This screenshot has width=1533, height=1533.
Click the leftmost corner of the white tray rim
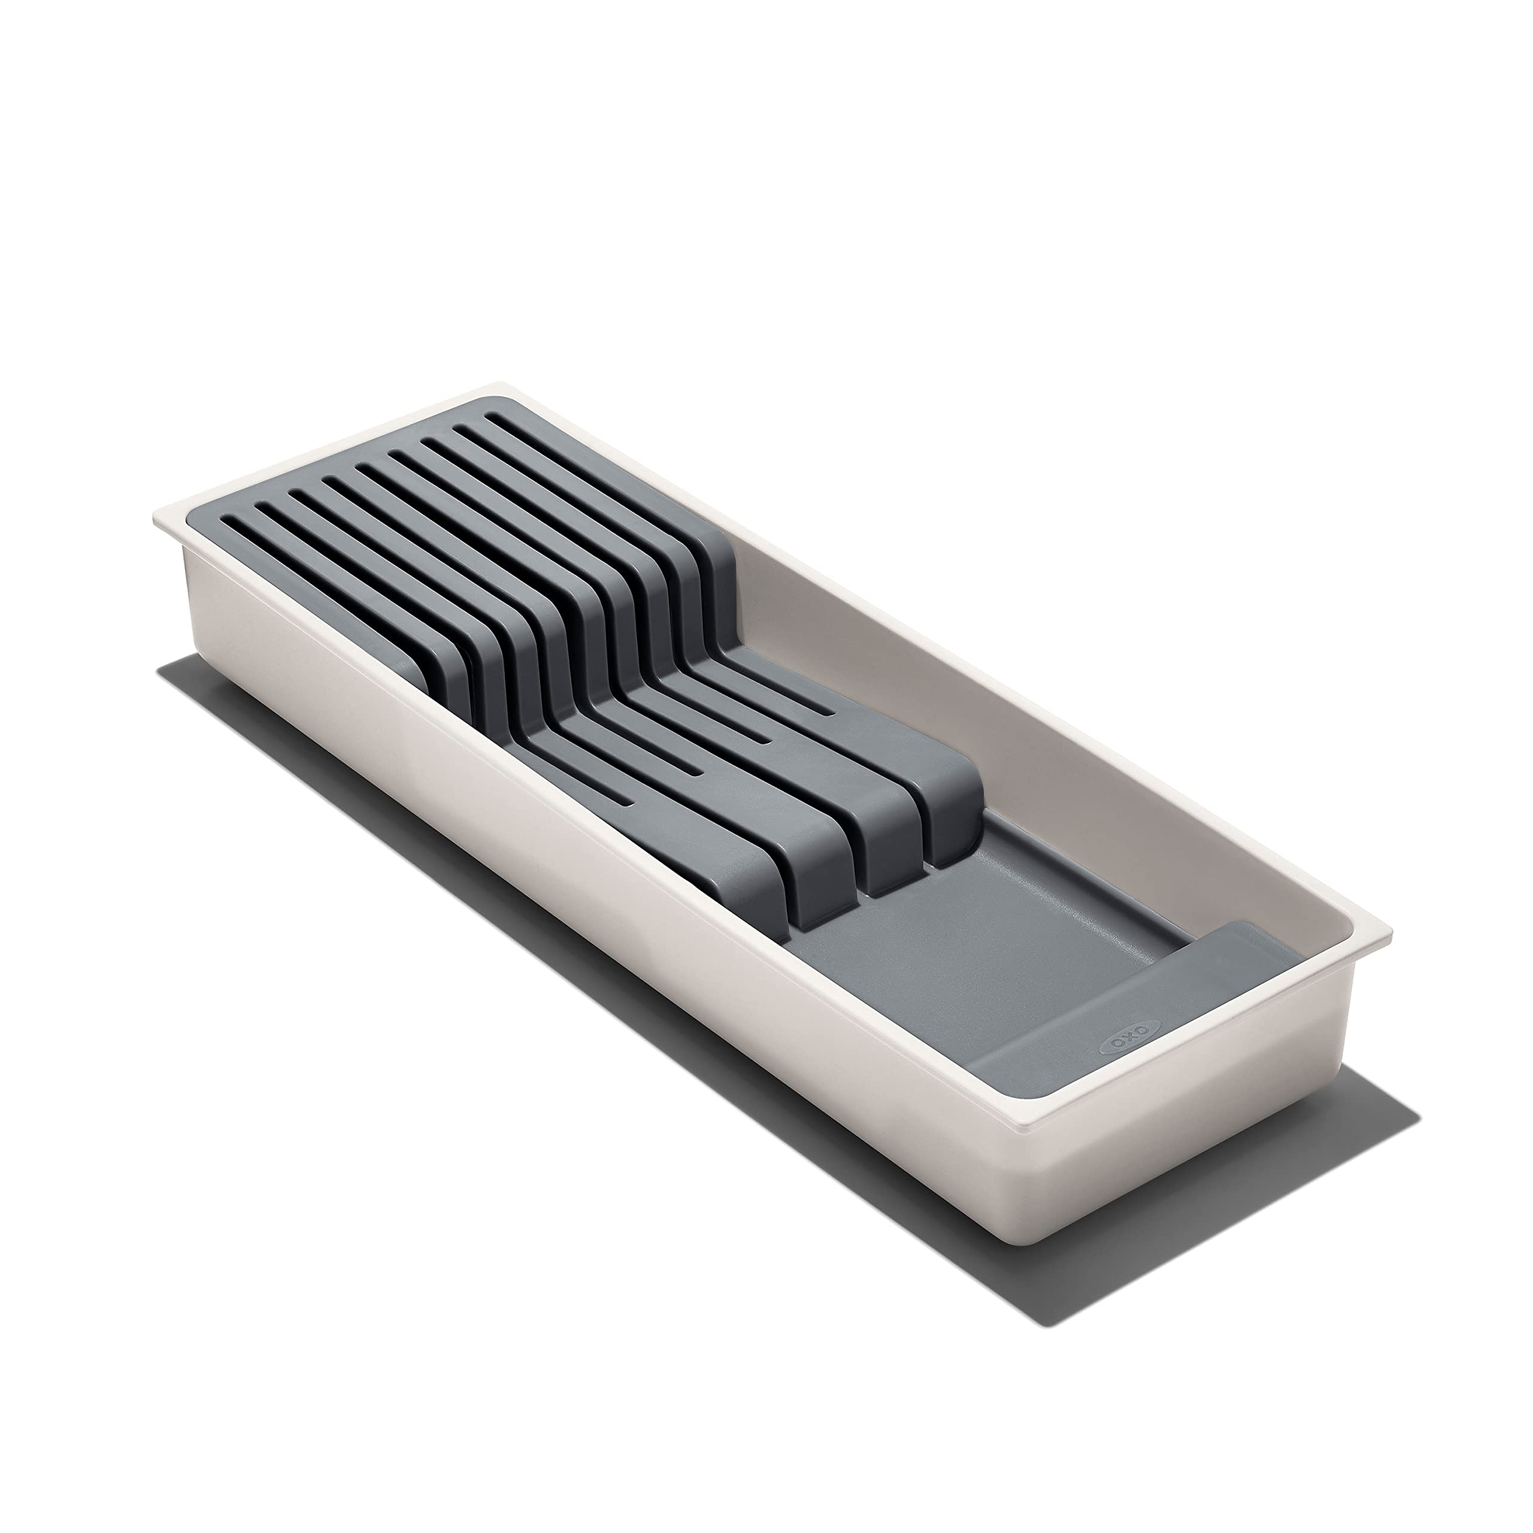154,516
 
